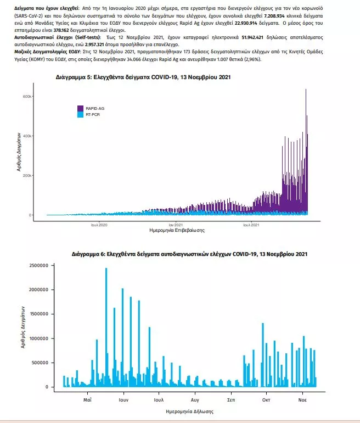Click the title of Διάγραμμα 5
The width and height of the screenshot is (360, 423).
[x=143, y=77]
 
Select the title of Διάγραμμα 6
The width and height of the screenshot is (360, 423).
[x=189, y=254]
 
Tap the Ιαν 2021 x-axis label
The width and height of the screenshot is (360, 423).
[x=176, y=225]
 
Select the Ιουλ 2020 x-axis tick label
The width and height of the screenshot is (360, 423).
[x=99, y=225]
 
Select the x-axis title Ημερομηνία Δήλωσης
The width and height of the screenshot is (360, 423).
[x=189, y=411]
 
